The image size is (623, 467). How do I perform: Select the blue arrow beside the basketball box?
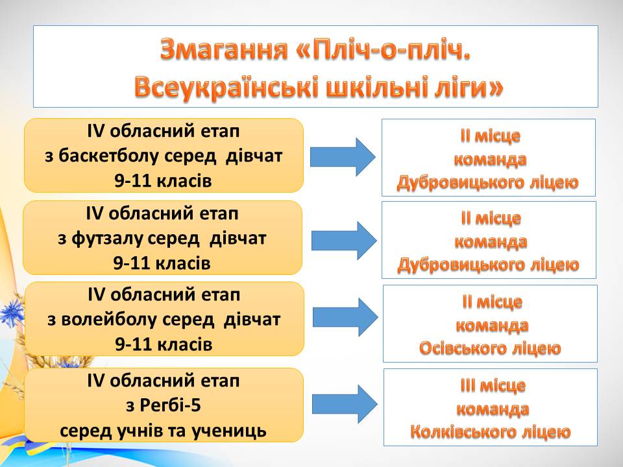tap(343, 157)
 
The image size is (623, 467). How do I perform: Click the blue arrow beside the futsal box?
tap(344, 241)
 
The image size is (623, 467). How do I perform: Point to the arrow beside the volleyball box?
tap(345, 317)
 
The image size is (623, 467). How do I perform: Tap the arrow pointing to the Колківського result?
tap(345, 404)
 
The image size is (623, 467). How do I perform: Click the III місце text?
tap(493, 385)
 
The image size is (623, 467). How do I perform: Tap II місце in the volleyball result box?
tap(492, 302)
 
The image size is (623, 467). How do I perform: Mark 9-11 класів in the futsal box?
tap(162, 263)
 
